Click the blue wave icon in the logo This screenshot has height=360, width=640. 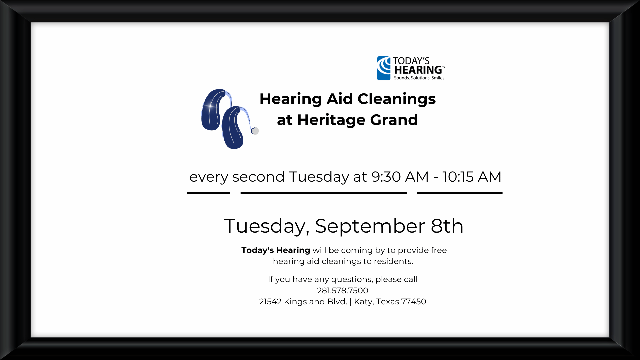[384, 68]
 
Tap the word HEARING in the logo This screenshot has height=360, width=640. [418, 70]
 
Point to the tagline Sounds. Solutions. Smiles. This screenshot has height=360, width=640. [420, 78]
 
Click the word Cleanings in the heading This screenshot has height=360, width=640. [397, 99]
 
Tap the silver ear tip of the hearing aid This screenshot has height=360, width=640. [255, 131]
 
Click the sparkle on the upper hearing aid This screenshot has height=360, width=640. [210, 106]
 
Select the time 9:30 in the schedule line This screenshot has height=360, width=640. [386, 177]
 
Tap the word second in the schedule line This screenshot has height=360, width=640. [258, 177]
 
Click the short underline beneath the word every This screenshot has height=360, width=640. [208, 193]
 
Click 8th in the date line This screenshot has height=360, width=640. [447, 226]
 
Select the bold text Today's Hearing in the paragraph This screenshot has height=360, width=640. [276, 250]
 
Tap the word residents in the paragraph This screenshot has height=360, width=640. [393, 261]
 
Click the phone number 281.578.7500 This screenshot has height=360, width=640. [343, 291]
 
